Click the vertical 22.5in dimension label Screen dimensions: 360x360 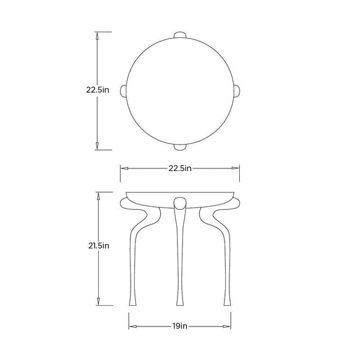(x=98, y=90)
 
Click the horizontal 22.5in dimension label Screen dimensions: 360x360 (x=180, y=168)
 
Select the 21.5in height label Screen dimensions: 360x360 (x=99, y=246)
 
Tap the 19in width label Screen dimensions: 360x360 (x=180, y=326)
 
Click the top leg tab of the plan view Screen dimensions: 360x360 (x=180, y=35)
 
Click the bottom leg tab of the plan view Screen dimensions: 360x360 (x=180, y=147)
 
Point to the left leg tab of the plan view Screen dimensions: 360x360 (x=123, y=91)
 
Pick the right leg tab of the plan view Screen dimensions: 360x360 (x=237, y=91)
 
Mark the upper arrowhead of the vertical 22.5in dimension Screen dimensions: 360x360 (x=97, y=36)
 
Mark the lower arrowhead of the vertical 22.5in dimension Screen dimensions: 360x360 (x=97, y=146)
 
